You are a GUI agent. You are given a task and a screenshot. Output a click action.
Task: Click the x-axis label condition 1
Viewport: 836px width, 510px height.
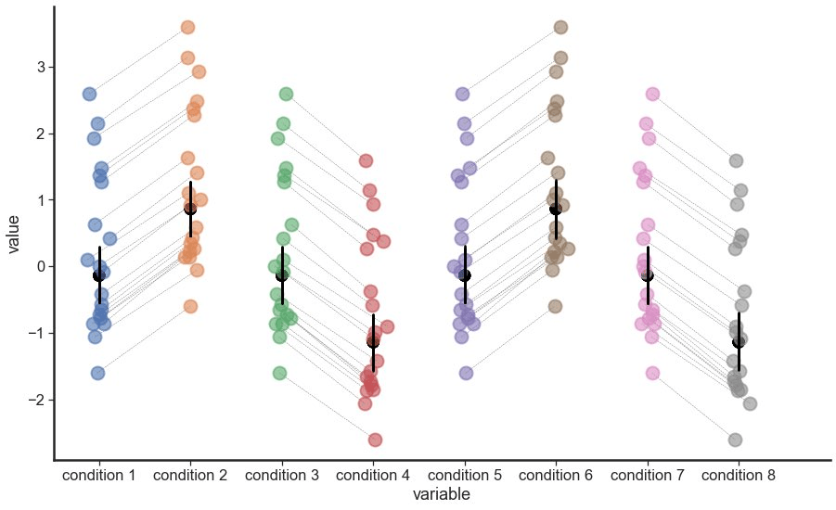point(98,476)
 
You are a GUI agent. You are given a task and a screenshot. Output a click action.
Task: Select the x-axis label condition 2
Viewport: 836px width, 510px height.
point(190,476)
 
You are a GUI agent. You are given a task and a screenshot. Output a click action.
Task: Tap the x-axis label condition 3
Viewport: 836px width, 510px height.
point(282,476)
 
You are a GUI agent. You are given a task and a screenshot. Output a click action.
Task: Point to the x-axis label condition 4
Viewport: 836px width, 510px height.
point(373,476)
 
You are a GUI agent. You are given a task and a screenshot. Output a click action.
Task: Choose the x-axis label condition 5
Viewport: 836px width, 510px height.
point(465,476)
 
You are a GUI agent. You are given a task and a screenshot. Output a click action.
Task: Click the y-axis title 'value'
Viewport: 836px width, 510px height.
point(15,233)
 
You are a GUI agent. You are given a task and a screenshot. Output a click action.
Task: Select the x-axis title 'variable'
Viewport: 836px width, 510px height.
point(442,495)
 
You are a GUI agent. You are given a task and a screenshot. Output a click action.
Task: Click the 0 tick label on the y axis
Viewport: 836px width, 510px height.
point(40,267)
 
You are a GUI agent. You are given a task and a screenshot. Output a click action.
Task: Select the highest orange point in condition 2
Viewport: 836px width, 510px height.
point(187,28)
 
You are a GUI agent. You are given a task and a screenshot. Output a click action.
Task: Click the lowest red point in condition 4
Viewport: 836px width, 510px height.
point(375,440)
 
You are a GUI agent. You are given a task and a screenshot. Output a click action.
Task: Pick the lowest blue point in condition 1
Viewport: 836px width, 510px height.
point(97,373)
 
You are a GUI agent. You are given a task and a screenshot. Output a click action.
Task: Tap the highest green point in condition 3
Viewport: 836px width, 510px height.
point(286,95)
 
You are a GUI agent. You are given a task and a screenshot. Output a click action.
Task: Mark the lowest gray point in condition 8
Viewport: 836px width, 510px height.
point(735,440)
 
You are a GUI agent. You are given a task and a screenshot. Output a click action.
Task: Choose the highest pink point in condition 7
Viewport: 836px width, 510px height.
point(652,95)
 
